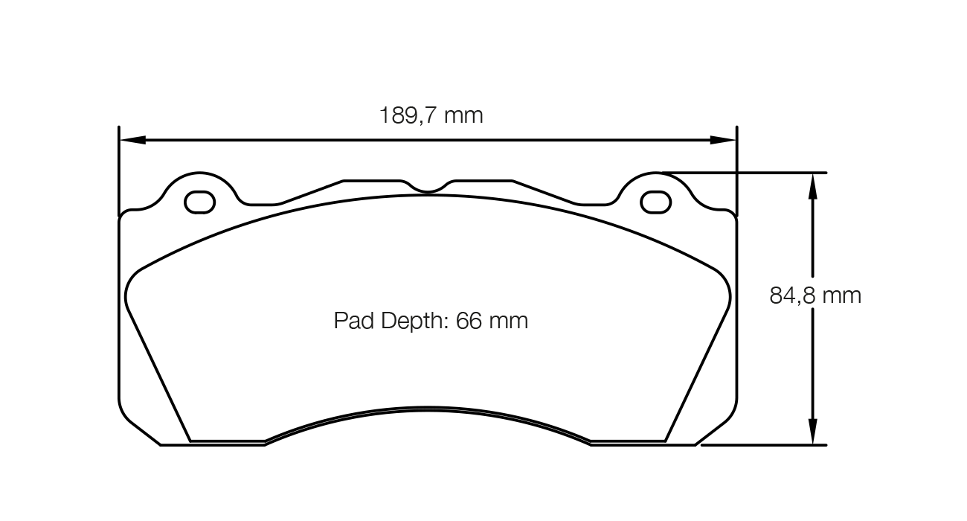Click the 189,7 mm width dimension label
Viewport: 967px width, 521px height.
(431, 115)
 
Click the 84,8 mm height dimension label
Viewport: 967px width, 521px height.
(815, 295)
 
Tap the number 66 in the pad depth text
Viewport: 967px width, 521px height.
(469, 321)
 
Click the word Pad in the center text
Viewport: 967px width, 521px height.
(353, 321)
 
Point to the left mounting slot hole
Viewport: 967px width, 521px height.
(199, 202)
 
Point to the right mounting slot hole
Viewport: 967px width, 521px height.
(655, 202)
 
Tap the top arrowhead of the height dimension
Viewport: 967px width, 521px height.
(812, 186)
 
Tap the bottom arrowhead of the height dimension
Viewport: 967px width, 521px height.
(812, 432)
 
